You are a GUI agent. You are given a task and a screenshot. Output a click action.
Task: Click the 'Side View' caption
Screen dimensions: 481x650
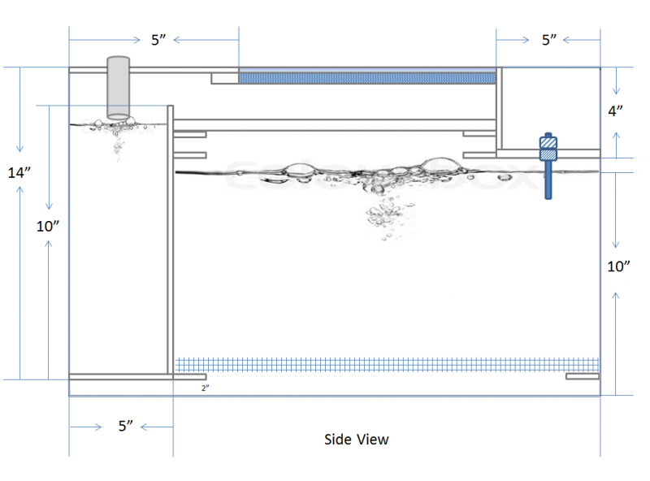click(x=356, y=440)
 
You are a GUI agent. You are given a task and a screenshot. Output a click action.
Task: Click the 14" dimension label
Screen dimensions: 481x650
click(x=19, y=172)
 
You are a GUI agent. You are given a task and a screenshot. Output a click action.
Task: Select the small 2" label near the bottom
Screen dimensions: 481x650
click(x=206, y=388)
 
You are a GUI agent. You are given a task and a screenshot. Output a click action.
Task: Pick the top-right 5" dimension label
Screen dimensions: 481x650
click(x=550, y=40)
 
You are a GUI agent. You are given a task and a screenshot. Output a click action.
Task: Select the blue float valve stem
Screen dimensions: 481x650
click(x=548, y=181)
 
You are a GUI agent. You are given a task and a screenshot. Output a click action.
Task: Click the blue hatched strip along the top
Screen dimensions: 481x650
click(x=366, y=78)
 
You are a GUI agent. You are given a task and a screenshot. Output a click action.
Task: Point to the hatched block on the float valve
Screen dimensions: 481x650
click(x=548, y=150)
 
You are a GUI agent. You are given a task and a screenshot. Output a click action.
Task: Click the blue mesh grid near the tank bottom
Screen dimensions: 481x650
click(x=387, y=365)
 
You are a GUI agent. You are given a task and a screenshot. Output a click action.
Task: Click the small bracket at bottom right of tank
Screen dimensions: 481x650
click(x=583, y=376)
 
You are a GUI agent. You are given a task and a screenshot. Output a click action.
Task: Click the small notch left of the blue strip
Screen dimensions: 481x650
click(x=224, y=78)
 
